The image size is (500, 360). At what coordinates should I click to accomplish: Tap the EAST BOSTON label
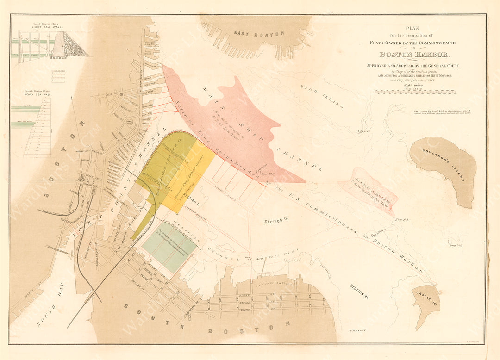[251, 33]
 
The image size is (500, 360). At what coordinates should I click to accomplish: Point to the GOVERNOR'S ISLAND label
[443, 164]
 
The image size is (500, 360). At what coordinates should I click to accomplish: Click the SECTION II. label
[276, 222]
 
